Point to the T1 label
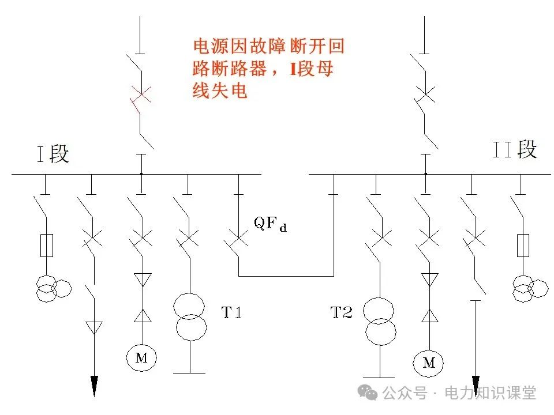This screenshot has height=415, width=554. point(231,313)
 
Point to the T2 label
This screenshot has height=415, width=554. point(341,313)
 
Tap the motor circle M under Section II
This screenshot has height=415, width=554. point(428,363)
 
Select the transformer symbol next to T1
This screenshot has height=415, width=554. point(190,317)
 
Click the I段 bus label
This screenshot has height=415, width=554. point(53,154)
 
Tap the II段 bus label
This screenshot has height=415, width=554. point(515,149)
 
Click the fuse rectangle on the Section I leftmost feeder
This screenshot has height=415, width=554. point(46,245)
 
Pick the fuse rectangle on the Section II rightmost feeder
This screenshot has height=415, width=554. point(524,245)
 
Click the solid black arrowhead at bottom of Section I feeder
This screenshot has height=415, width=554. point(94,385)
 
